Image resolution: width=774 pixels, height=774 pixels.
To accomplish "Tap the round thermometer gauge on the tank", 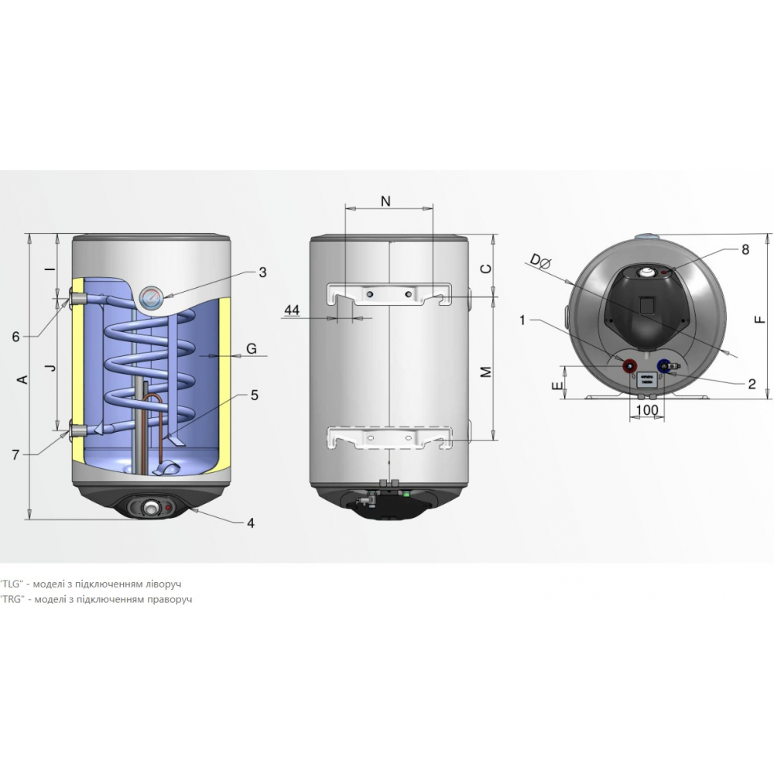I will (151, 297).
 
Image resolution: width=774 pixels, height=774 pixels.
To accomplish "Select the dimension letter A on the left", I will (22, 378).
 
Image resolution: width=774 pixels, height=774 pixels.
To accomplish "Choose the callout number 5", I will (254, 394).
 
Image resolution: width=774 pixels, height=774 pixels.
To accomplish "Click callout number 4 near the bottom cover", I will (250, 522).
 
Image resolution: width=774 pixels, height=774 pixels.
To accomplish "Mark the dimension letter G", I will (252, 348).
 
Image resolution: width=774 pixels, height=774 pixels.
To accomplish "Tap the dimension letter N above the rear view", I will (386, 201).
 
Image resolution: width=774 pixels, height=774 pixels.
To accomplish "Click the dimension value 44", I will (292, 310).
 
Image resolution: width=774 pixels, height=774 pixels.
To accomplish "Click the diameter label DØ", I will (540, 262).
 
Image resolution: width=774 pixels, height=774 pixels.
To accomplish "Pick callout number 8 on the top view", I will (745, 249).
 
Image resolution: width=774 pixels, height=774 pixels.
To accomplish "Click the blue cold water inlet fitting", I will (663, 365).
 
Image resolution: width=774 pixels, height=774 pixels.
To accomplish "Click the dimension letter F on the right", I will (759, 317).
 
